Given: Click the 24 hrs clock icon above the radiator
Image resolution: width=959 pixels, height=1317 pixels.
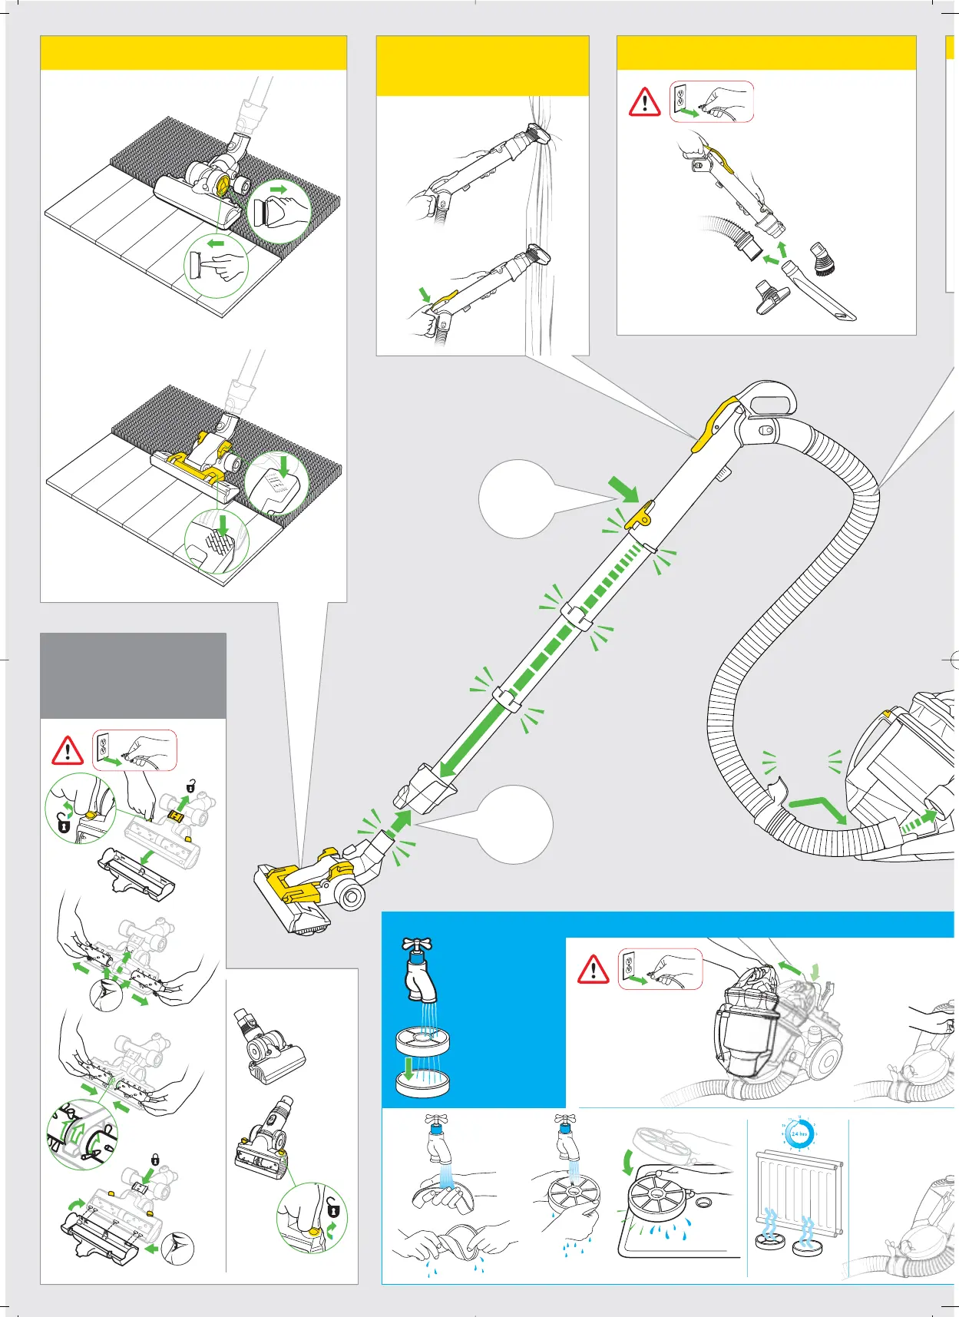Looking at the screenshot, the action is pyautogui.click(x=799, y=1133).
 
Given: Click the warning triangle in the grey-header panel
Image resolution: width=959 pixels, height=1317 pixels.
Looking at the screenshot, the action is pyautogui.click(x=68, y=750).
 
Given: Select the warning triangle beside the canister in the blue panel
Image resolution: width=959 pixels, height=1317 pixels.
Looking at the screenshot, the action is pyautogui.click(x=593, y=969).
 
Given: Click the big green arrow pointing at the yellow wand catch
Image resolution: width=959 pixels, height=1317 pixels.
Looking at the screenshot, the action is pyautogui.click(x=623, y=488).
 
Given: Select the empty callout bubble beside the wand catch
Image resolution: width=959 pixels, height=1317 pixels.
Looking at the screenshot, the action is pyautogui.click(x=516, y=499).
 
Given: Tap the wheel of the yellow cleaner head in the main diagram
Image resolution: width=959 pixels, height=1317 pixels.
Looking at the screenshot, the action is pyautogui.click(x=352, y=896).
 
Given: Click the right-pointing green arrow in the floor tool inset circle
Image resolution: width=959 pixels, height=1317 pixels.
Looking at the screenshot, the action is pyautogui.click(x=278, y=189).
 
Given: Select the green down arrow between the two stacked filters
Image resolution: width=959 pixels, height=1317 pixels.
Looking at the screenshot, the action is pyautogui.click(x=410, y=1068).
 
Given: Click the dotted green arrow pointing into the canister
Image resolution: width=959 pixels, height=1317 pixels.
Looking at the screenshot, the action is pyautogui.click(x=918, y=822).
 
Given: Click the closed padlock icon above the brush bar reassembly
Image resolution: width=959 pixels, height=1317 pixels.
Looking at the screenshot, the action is pyautogui.click(x=155, y=1160).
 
